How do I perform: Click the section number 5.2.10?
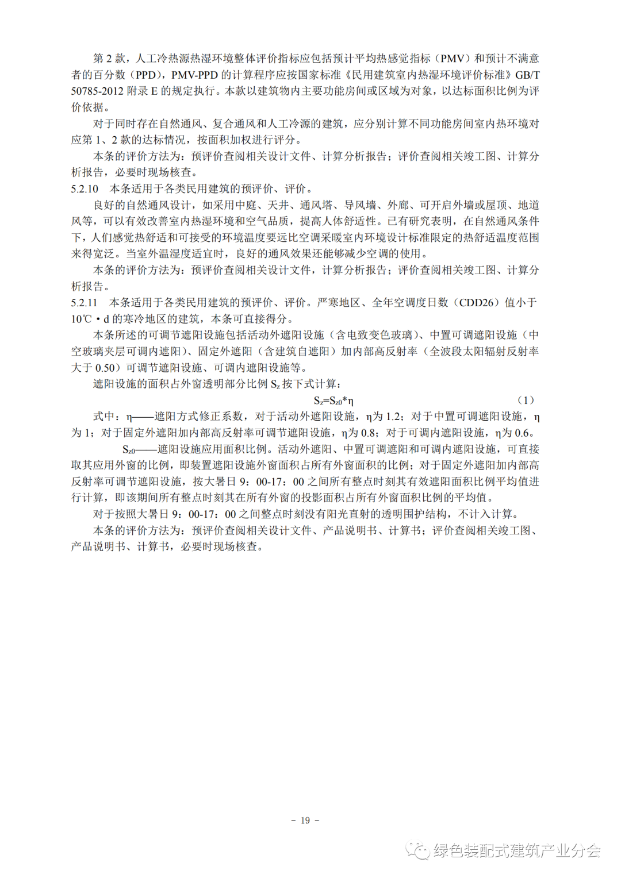pyautogui.click(x=85, y=188)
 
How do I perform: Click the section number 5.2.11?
pyautogui.click(x=84, y=302)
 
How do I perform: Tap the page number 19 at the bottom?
pyautogui.click(x=305, y=820)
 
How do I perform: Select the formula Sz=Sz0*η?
pyautogui.click(x=333, y=401)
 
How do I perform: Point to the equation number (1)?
pyautogui.click(x=526, y=400)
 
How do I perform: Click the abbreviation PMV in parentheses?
pyautogui.click(x=453, y=59)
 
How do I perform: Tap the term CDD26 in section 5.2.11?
pyautogui.click(x=476, y=302)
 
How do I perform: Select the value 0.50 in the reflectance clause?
pyautogui.click(x=106, y=368)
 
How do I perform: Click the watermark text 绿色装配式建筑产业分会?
pyautogui.click(x=517, y=850)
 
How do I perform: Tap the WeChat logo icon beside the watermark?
pyautogui.click(x=418, y=850)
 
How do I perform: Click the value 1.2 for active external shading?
pyautogui.click(x=393, y=417)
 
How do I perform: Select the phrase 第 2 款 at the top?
pyautogui.click(x=109, y=59)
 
